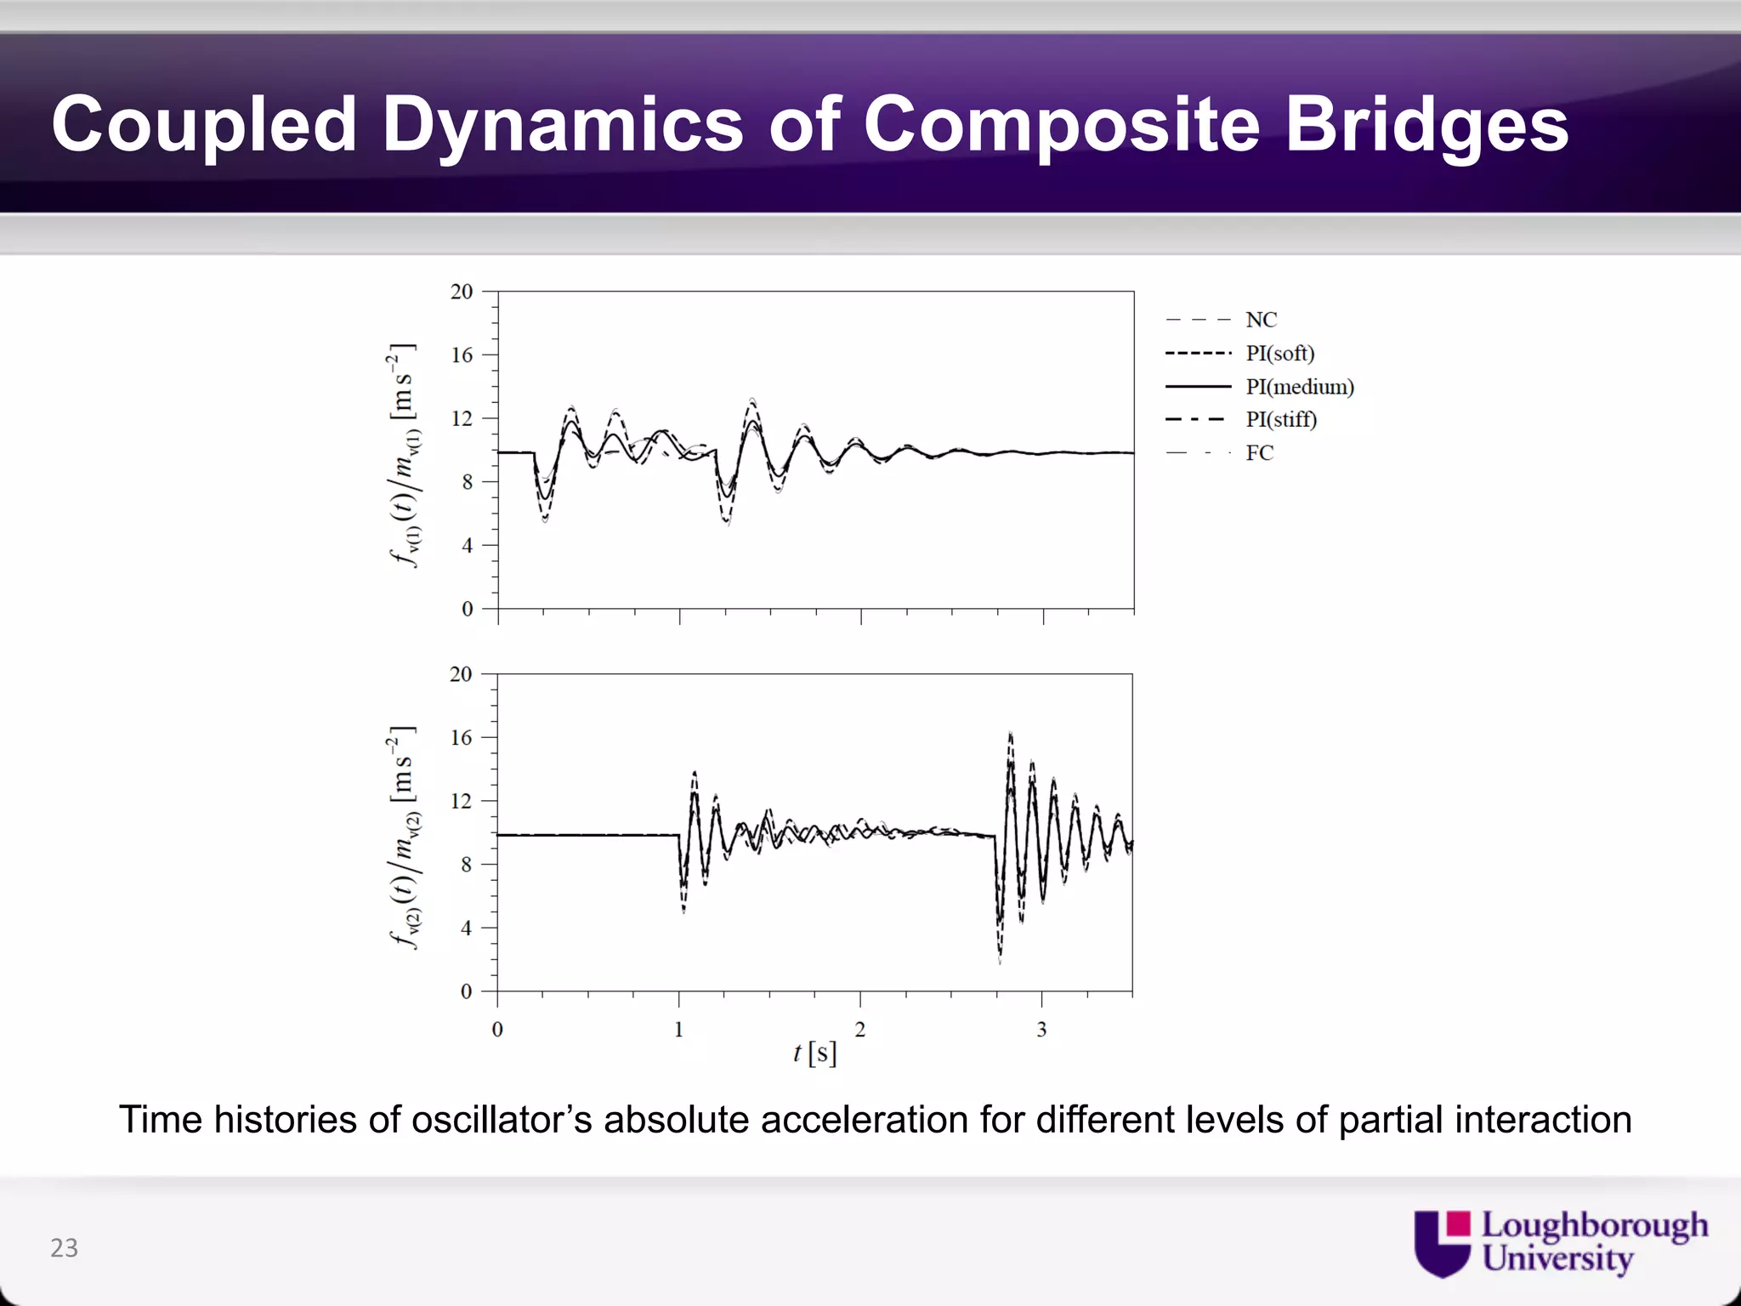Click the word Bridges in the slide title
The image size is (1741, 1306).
pos(1426,125)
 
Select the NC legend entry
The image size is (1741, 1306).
pos(1261,321)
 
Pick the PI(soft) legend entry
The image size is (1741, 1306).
pos(1279,354)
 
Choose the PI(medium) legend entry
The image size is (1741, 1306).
pos(1299,387)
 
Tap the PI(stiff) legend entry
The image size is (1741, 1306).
pos(1280,420)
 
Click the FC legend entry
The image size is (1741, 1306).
pos(1259,453)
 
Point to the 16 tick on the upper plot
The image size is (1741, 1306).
pos(462,355)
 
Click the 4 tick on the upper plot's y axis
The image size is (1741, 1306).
pos(467,546)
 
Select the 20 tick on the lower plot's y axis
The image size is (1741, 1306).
pos(461,674)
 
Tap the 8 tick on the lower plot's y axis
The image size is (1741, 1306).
pos(466,866)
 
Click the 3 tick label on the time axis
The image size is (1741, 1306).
pos(1041,1031)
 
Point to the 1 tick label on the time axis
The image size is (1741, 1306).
pos(678,1031)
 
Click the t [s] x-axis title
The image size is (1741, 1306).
pos(814,1054)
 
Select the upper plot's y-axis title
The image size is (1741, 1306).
pos(404,455)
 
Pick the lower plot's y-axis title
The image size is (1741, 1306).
pos(404,838)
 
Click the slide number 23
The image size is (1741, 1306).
pos(65,1248)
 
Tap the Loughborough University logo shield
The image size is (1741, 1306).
pos(1442,1243)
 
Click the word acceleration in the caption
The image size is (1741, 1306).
pos(864,1120)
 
